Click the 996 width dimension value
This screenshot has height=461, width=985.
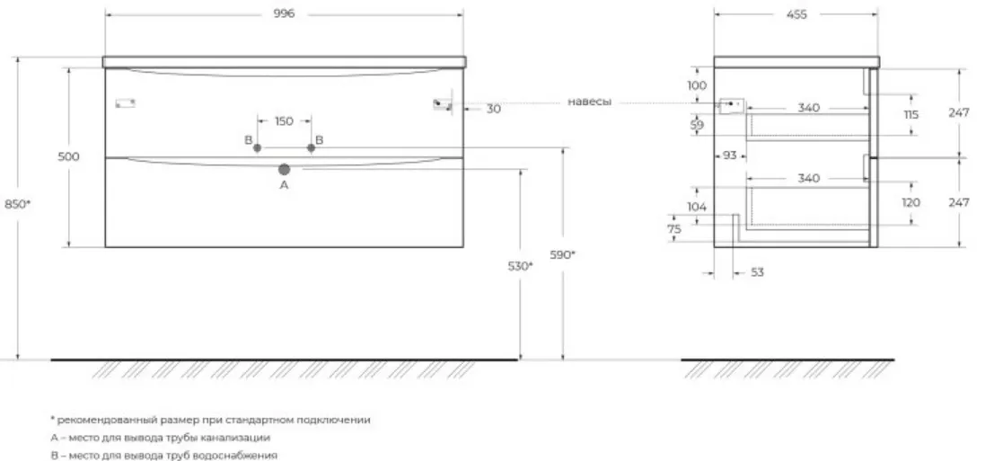click(x=284, y=14)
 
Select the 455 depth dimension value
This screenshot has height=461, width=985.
click(x=796, y=14)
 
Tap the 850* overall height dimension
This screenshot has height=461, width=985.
click(x=18, y=204)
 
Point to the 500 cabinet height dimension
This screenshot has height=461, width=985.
click(x=68, y=156)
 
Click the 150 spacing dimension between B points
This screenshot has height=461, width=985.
click(x=284, y=121)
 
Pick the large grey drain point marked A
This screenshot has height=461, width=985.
click(x=284, y=169)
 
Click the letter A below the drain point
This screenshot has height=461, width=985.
click(x=284, y=185)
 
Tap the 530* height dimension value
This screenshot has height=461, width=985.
click(x=520, y=266)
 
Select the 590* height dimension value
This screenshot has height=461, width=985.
click(x=562, y=254)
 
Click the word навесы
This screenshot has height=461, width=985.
click(x=589, y=102)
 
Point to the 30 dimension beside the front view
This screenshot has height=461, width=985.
click(x=494, y=109)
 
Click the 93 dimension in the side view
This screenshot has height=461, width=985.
click(x=729, y=155)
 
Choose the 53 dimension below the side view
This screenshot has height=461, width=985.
click(x=758, y=272)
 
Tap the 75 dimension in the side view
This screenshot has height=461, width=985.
click(x=674, y=229)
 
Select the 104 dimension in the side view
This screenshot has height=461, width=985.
click(x=697, y=207)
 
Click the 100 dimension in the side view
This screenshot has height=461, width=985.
click(x=697, y=85)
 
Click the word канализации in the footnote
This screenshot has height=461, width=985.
click(x=241, y=438)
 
